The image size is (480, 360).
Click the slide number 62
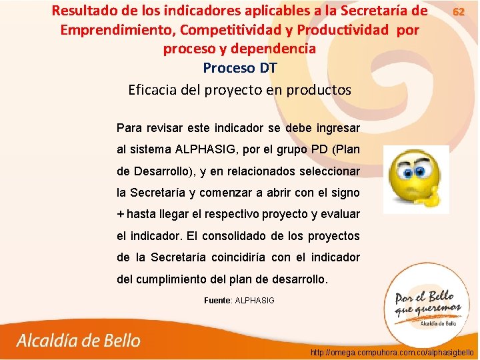coord(459,11)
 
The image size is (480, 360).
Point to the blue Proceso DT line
coord(239,69)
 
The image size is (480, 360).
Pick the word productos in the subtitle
coord(318,89)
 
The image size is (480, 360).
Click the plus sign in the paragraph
coord(120,214)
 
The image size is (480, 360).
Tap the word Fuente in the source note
coord(217,301)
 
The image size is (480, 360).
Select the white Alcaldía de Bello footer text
coord(79,341)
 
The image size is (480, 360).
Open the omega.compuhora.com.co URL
coord(392,351)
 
